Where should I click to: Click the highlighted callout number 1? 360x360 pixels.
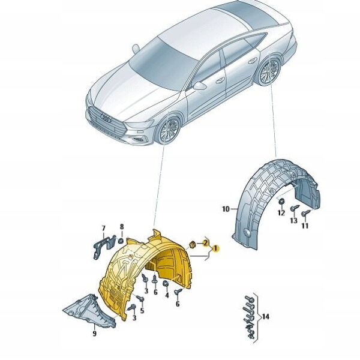point(215,248)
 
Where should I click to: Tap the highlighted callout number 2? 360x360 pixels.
point(205,242)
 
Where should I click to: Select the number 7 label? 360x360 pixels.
point(104,228)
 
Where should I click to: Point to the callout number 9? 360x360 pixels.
point(94,334)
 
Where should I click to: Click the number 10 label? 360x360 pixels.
point(226,209)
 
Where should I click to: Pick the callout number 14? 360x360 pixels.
point(265,317)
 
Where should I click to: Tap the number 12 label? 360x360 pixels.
point(281,213)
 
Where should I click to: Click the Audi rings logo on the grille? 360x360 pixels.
point(106,118)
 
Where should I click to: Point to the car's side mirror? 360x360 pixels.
point(199,86)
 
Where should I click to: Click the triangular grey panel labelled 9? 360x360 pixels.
point(90,310)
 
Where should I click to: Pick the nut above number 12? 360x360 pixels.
point(281,202)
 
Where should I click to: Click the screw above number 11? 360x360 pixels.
point(305,212)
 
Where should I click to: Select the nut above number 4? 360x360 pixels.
point(166,284)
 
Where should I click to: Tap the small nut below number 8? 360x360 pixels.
point(121,241)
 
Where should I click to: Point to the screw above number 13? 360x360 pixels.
point(295,208)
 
